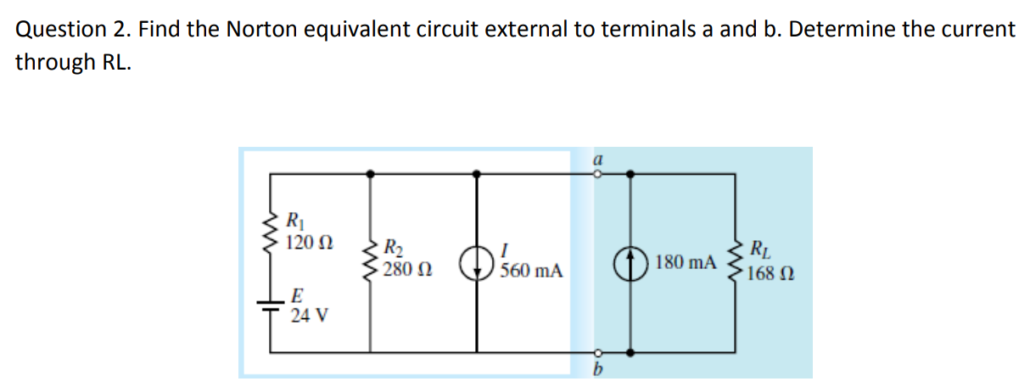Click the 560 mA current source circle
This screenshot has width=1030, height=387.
coord(477,262)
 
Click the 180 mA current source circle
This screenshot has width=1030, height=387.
coord(630,262)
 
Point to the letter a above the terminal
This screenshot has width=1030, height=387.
coord(596,159)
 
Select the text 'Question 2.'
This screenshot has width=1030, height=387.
coord(73,30)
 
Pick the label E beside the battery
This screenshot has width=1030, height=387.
coord(296,296)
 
